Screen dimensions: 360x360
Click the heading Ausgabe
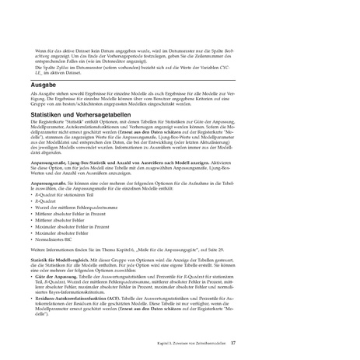click(43, 79)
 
